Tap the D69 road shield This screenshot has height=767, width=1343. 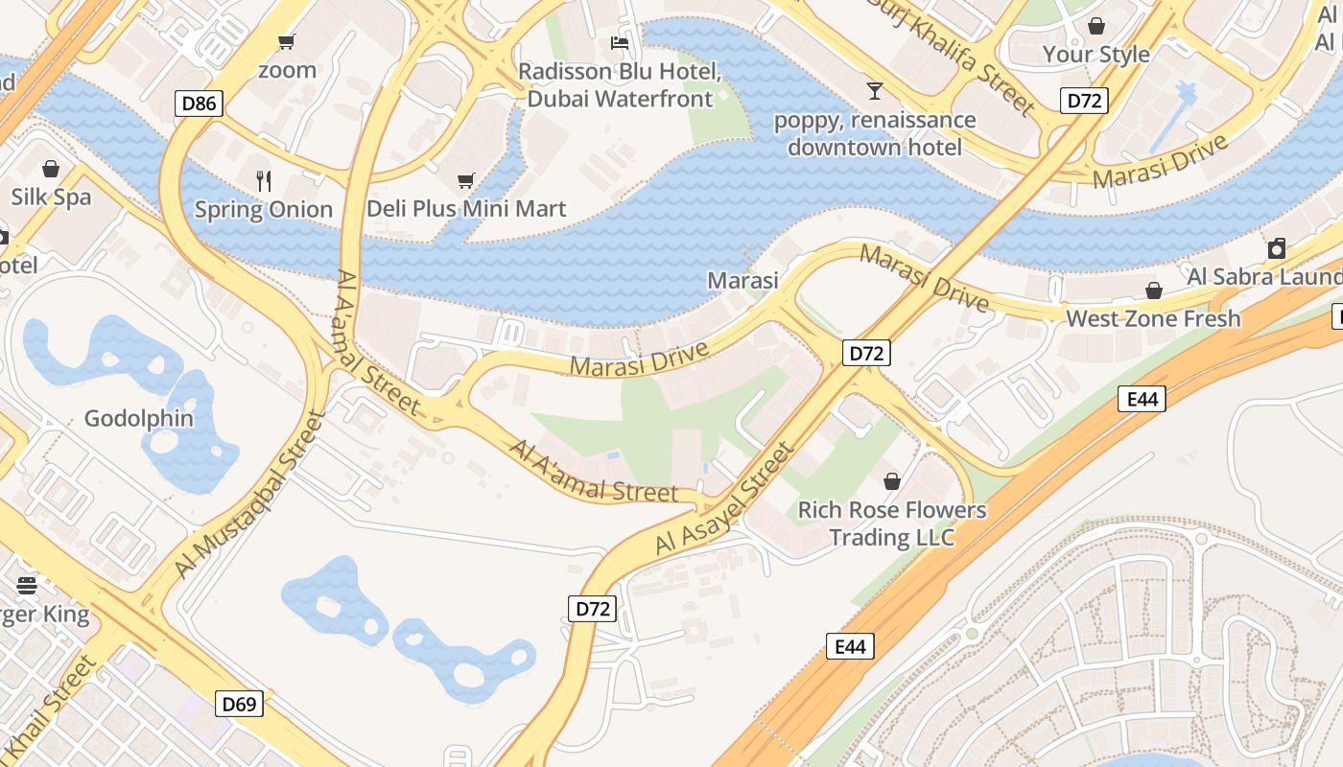(239, 705)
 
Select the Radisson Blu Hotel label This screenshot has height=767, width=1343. (620, 85)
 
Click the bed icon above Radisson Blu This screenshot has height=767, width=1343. (620, 43)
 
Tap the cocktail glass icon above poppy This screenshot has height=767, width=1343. (874, 91)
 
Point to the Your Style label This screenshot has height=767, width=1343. (1096, 55)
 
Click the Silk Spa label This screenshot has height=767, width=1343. (51, 198)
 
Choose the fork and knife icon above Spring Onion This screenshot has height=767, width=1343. (264, 180)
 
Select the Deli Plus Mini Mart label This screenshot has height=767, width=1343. (466, 209)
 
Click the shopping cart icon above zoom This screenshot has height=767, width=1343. (286, 41)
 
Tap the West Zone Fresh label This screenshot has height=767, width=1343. (1153, 318)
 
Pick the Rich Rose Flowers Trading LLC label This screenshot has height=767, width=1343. (892, 523)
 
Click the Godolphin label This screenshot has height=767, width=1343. (139, 419)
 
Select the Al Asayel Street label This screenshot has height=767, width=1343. (725, 498)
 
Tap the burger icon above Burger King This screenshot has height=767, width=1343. (27, 585)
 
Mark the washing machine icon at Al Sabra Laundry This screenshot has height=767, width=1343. (1276, 249)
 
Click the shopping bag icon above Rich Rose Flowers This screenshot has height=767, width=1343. (892, 480)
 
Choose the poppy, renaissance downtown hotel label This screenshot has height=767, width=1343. (874, 133)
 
